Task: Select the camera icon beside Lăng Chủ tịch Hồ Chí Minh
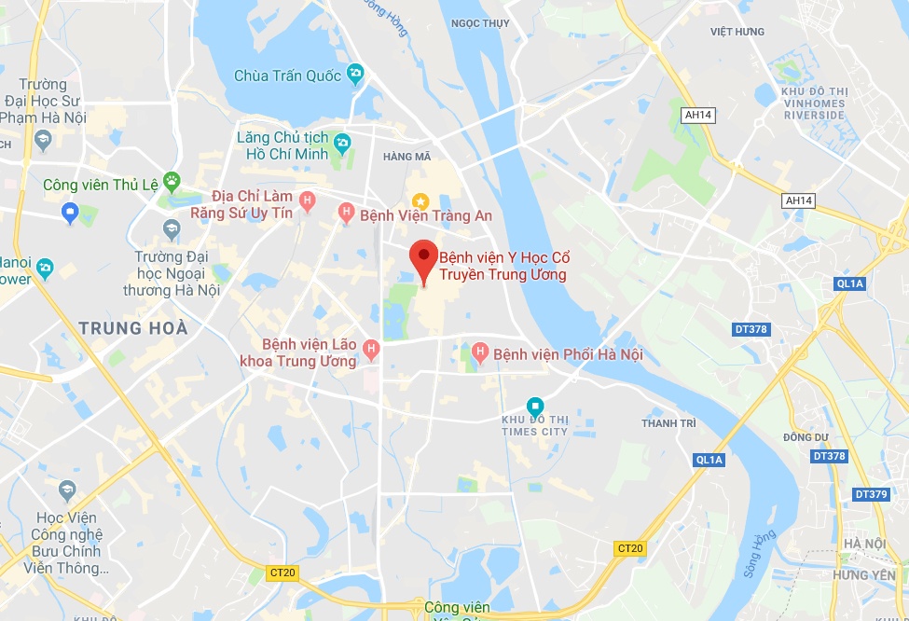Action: [342, 144]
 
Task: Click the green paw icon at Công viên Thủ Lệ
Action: [172, 180]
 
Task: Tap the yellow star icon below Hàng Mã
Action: [420, 200]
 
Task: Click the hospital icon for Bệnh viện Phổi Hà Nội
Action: [480, 352]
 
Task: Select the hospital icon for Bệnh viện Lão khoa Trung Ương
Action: [371, 350]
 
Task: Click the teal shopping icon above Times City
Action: [535, 407]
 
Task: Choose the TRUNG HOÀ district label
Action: [133, 328]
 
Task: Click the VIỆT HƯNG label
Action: [737, 32]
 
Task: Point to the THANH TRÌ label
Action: [668, 423]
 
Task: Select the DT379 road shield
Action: [872, 494]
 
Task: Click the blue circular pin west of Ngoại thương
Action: [71, 214]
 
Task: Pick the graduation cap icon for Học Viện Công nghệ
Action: [67, 490]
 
